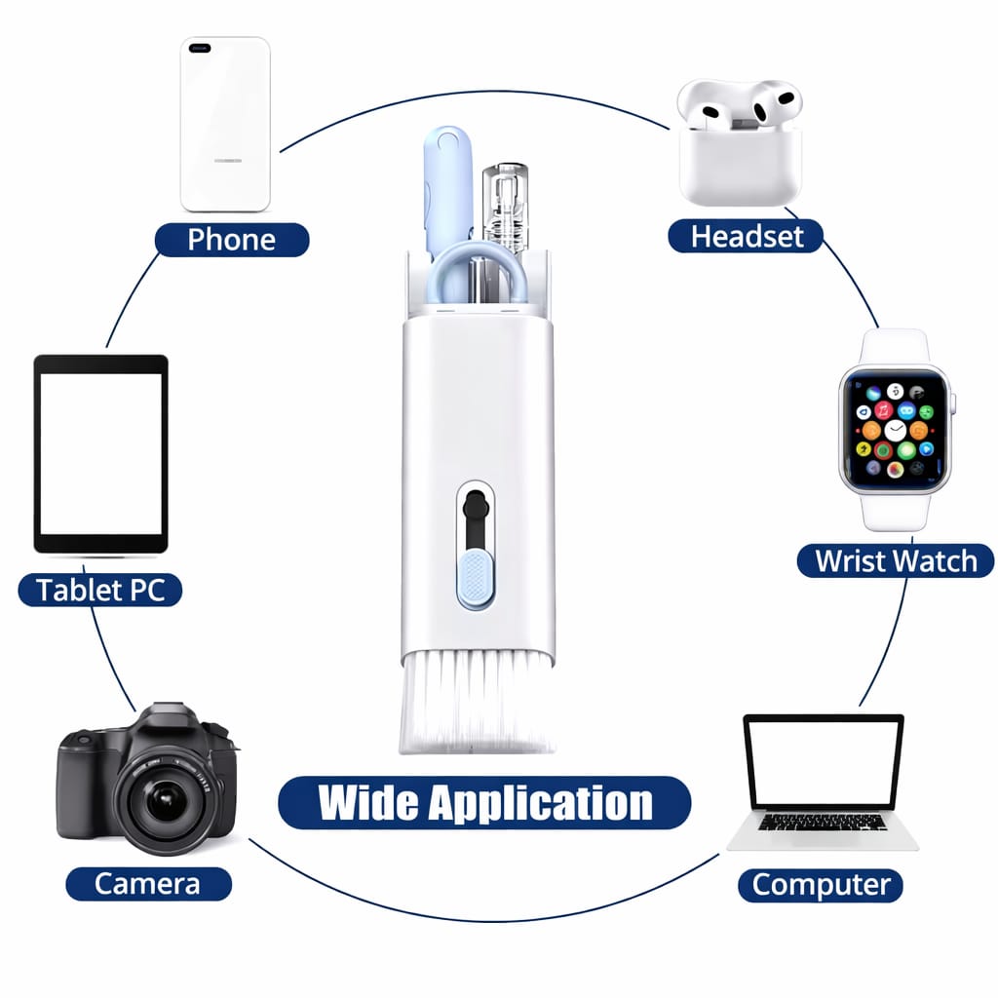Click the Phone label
coord(231,240)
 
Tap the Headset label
coord(747,236)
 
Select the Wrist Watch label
coord(895,560)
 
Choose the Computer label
coord(821,885)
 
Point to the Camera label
coord(148,884)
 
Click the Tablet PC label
coord(100,590)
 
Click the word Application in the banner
coord(542,803)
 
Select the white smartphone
coord(225,124)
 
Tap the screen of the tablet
coord(100,453)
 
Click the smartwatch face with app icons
coord(895,430)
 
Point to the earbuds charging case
coord(741,161)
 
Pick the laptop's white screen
coord(824,761)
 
